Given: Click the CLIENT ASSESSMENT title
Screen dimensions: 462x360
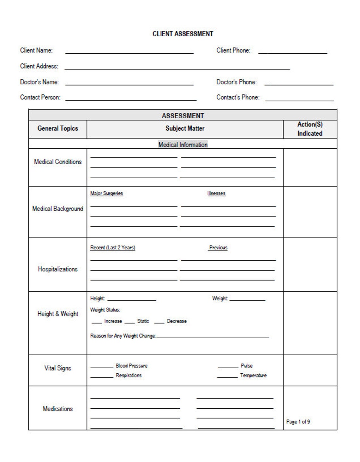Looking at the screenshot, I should [183, 34].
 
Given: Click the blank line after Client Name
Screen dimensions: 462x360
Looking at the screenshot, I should [129, 52].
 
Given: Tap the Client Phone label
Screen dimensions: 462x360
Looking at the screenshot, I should [233, 50].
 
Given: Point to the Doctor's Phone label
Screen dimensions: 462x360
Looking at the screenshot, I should [236, 82].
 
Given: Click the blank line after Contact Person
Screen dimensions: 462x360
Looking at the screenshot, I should [131, 99].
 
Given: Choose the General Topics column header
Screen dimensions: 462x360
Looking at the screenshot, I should [57, 128].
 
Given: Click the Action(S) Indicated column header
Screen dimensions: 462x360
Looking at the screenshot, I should [310, 129].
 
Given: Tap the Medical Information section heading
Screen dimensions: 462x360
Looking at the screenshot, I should [183, 145].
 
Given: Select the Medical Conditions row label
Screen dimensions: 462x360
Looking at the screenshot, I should [57, 162].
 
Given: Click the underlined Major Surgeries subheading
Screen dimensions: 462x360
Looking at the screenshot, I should [106, 193].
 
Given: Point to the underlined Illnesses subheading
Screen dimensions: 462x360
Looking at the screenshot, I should [216, 193].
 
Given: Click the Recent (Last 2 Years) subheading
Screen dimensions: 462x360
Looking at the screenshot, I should [112, 248].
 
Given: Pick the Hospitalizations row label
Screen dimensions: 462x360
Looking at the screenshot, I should [57, 269].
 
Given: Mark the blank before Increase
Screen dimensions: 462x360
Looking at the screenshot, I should [96, 322].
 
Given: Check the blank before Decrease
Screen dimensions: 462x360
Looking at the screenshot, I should [159, 322].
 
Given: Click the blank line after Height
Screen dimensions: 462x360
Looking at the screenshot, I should [132, 299].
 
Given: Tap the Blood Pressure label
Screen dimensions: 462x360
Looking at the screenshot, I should [131, 366].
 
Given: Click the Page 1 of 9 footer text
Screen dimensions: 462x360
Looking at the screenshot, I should [298, 422].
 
